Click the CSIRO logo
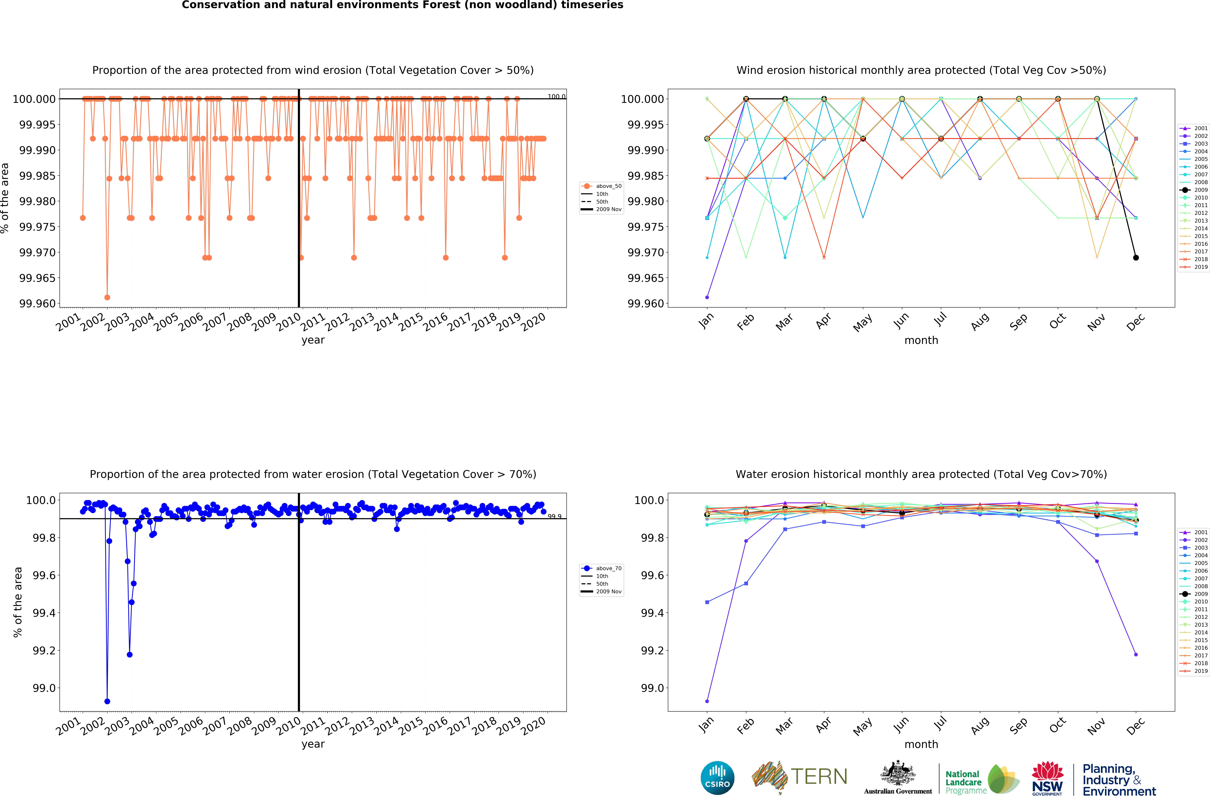[x=717, y=778]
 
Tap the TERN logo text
[x=819, y=776]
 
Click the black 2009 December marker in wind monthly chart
[x=1136, y=258]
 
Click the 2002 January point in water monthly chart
[x=707, y=701]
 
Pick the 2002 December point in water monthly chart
[x=1136, y=654]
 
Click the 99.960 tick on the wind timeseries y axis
[x=37, y=303]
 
